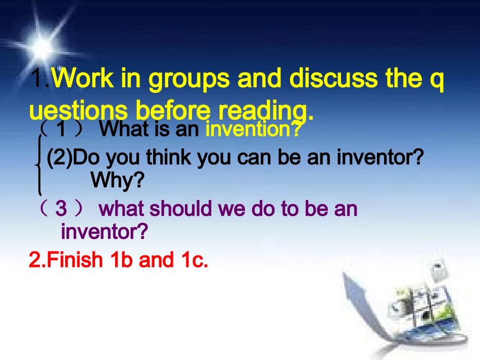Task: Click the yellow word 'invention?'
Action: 253,130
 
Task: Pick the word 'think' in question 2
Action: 170,158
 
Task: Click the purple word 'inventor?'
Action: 104,232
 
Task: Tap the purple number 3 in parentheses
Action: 61,209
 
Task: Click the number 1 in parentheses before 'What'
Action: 61,130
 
